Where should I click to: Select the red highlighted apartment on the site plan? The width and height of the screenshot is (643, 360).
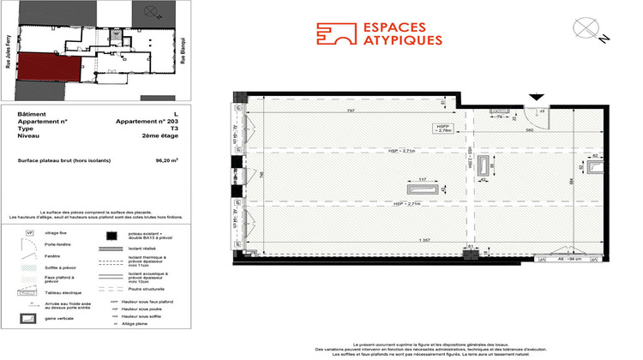pos(49,68)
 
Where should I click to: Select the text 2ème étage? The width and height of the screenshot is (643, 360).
pos(164,136)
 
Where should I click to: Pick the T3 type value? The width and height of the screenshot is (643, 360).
pos(175,129)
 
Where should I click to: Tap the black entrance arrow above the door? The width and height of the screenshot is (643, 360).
pos(537,98)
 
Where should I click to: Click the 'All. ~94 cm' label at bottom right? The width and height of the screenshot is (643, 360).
pos(568,257)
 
